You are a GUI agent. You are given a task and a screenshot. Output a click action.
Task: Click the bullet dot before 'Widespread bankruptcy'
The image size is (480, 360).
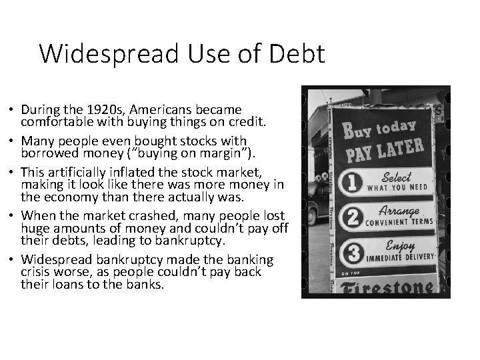[13, 259]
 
